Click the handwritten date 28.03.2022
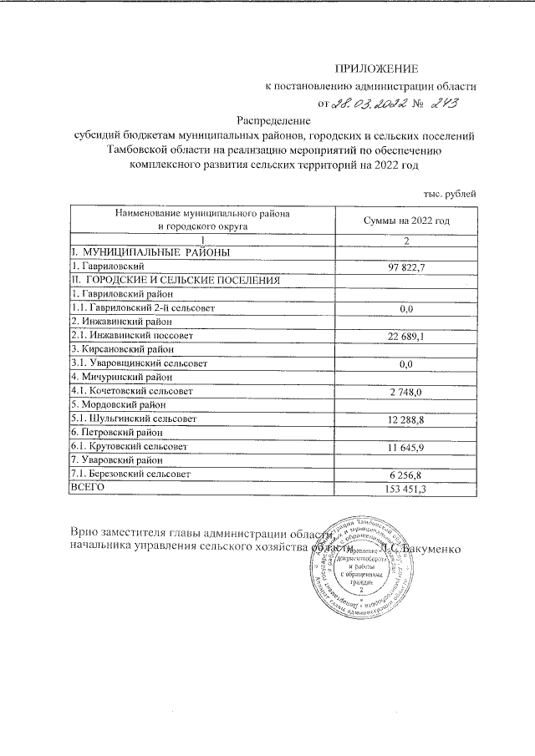tap(369, 104)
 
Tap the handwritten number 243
tap(446, 103)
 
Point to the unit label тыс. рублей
tap(451, 194)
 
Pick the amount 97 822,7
tap(406, 266)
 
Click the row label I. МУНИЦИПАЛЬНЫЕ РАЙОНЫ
tap(150, 252)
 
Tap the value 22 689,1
tap(406, 336)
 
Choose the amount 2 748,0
tap(406, 391)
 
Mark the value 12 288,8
tap(406, 419)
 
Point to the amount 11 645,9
tap(406, 447)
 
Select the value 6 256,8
tap(406, 474)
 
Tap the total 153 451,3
tap(406, 489)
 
